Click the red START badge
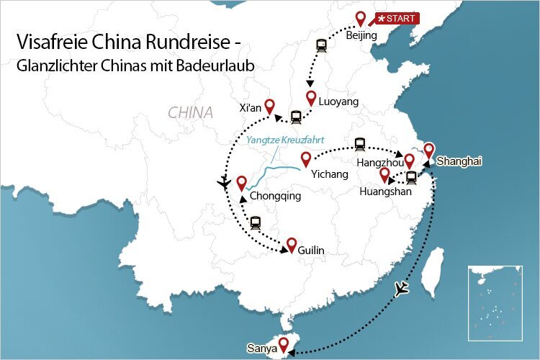point(395,18)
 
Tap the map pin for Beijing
point(361,20)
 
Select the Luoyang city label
point(338,102)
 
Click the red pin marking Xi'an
point(270,106)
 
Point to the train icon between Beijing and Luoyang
point(320,44)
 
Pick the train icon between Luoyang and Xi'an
point(296,117)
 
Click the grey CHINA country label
point(190,113)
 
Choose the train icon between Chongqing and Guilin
point(256,222)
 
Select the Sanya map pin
point(284,344)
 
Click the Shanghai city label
point(459,161)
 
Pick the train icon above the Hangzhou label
point(361,145)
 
